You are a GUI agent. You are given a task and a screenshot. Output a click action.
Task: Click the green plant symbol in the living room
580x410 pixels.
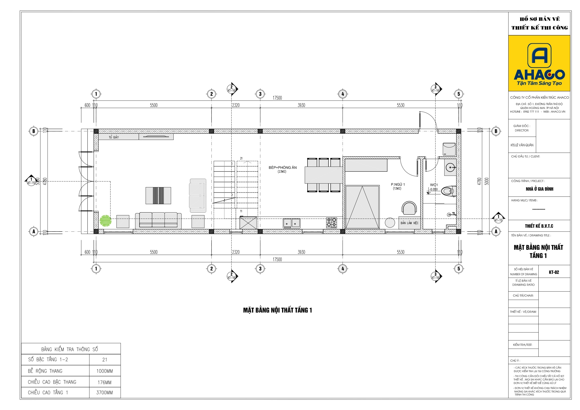[105, 221]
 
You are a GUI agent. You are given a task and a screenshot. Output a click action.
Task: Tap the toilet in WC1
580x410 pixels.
[449, 191]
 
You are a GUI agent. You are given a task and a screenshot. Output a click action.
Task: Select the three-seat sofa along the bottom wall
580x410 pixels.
[158, 221]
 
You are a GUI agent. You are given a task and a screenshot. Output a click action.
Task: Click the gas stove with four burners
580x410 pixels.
[331, 223]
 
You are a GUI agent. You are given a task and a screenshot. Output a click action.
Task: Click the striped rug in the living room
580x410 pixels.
[158, 196]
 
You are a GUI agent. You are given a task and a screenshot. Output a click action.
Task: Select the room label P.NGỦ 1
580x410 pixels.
[398, 184]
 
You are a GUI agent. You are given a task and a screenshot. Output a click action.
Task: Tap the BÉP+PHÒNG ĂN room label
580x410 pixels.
[283, 168]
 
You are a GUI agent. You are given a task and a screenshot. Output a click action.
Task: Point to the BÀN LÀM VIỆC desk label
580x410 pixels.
[409, 223]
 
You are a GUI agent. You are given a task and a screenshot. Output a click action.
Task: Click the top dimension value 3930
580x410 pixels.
[301, 105]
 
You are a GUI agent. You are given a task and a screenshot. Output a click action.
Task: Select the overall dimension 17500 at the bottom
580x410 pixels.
[277, 260]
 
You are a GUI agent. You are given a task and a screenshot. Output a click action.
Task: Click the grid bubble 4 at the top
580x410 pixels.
[343, 94]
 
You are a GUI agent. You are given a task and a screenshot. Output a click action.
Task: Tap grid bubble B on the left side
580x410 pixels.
[34, 131]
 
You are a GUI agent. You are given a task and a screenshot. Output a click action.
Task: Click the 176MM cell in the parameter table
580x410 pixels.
[105, 382]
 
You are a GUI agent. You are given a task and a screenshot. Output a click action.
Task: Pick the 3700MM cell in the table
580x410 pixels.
[105, 392]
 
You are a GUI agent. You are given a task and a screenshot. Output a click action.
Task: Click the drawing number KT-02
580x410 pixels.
[554, 272]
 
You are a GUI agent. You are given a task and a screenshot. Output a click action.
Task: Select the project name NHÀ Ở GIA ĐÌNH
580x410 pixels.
[540, 189]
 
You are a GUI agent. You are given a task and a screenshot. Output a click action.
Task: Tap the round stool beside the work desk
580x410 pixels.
[390, 223]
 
